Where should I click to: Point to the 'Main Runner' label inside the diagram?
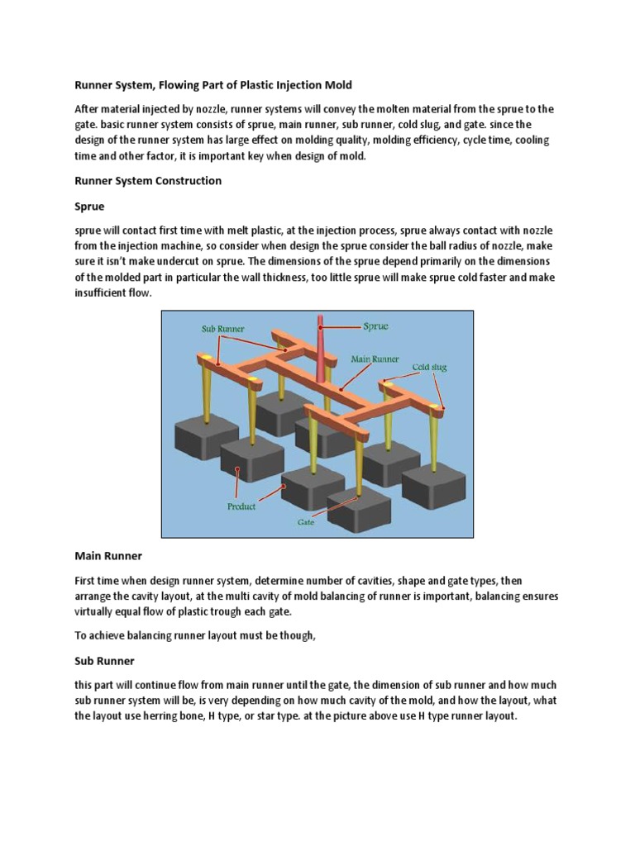click(375, 359)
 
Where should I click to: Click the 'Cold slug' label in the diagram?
click(429, 367)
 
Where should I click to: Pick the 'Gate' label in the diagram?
click(308, 523)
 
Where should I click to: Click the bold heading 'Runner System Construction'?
click(148, 180)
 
